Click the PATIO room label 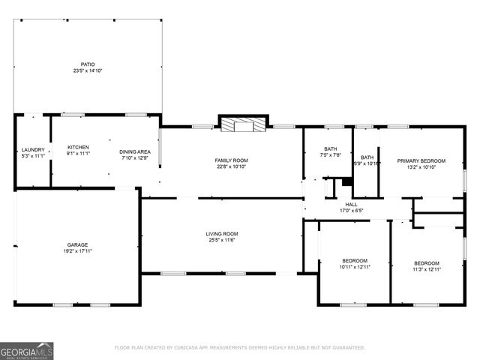(88, 64)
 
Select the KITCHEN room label (78, 147)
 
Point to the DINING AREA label (133, 151)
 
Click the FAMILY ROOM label (231, 160)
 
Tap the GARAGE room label (77, 244)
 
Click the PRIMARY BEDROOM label (421, 160)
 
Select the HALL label (351, 204)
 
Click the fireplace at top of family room (243, 124)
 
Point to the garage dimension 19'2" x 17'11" (77, 251)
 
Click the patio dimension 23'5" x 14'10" (88, 71)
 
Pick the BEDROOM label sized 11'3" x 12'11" (427, 262)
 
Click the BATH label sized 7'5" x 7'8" (331, 148)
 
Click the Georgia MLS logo (27, 350)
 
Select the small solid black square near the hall (346, 181)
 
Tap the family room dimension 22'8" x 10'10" (231, 167)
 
